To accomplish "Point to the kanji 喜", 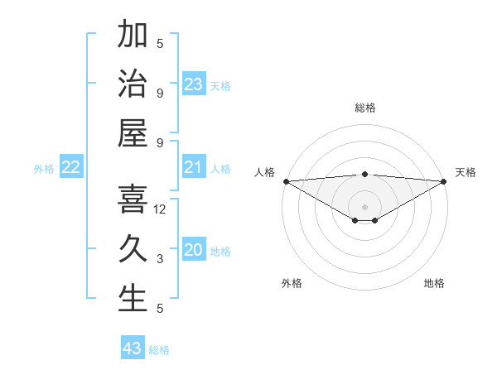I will coord(133,199).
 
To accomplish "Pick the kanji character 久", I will coord(133,249).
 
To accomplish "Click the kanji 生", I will coord(133,299).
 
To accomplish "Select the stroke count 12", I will coord(161,209).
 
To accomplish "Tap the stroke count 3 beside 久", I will coord(160,259).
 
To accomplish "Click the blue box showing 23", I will coord(193,84).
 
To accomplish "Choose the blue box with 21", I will coord(193,167).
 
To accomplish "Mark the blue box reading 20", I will coord(193,250).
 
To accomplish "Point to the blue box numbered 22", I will coord(70,167).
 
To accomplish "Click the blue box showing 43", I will coord(132,348).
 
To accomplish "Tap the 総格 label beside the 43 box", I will coord(159,350).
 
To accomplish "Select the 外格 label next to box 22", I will coord(44,169).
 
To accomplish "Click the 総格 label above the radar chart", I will coord(364,108).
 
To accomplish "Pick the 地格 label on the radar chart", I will coord(434,283).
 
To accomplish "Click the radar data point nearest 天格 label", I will coord(444,181).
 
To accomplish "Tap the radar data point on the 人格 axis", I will coord(285,181).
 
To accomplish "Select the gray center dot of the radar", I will coord(364,206).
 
